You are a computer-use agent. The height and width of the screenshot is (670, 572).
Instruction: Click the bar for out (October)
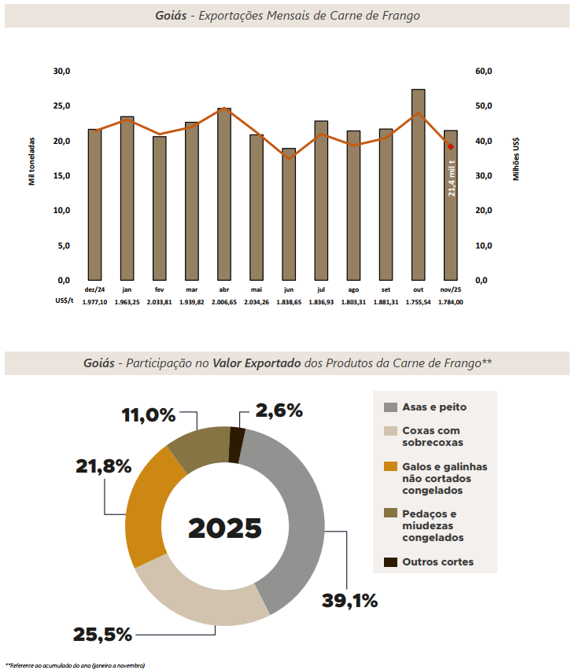click(x=418, y=185)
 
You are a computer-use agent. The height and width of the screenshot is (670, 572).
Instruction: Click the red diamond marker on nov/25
click(x=451, y=146)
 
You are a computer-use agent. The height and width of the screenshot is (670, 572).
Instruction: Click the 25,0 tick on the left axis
click(x=61, y=106)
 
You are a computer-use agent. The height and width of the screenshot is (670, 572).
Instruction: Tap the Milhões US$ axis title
click(x=516, y=160)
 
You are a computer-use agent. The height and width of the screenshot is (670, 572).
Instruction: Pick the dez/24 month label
click(x=94, y=289)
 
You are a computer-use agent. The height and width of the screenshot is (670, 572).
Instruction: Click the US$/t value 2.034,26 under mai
click(x=256, y=302)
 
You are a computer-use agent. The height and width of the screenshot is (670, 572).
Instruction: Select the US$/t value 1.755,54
click(x=418, y=302)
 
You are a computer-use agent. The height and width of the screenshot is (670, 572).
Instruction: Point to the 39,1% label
click(x=349, y=601)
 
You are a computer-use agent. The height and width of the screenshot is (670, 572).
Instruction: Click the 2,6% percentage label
click(x=279, y=410)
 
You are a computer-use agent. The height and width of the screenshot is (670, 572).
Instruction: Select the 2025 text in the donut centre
click(x=225, y=528)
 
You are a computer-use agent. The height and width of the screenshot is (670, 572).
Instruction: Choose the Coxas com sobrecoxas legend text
click(x=431, y=436)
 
